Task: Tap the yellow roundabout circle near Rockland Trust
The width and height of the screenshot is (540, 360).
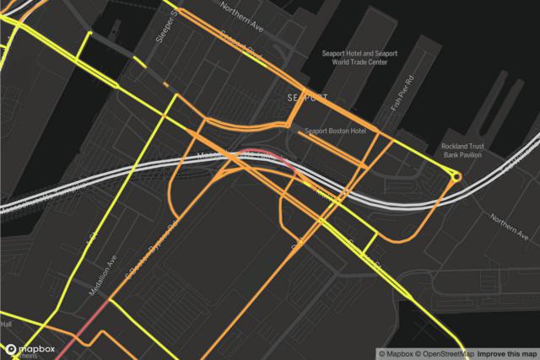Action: click(456, 177)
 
